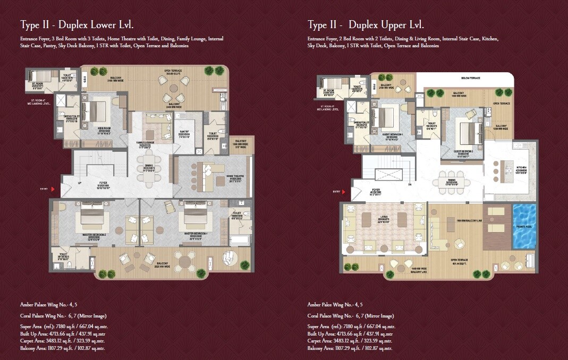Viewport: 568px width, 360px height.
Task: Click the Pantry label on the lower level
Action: (184, 135)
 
